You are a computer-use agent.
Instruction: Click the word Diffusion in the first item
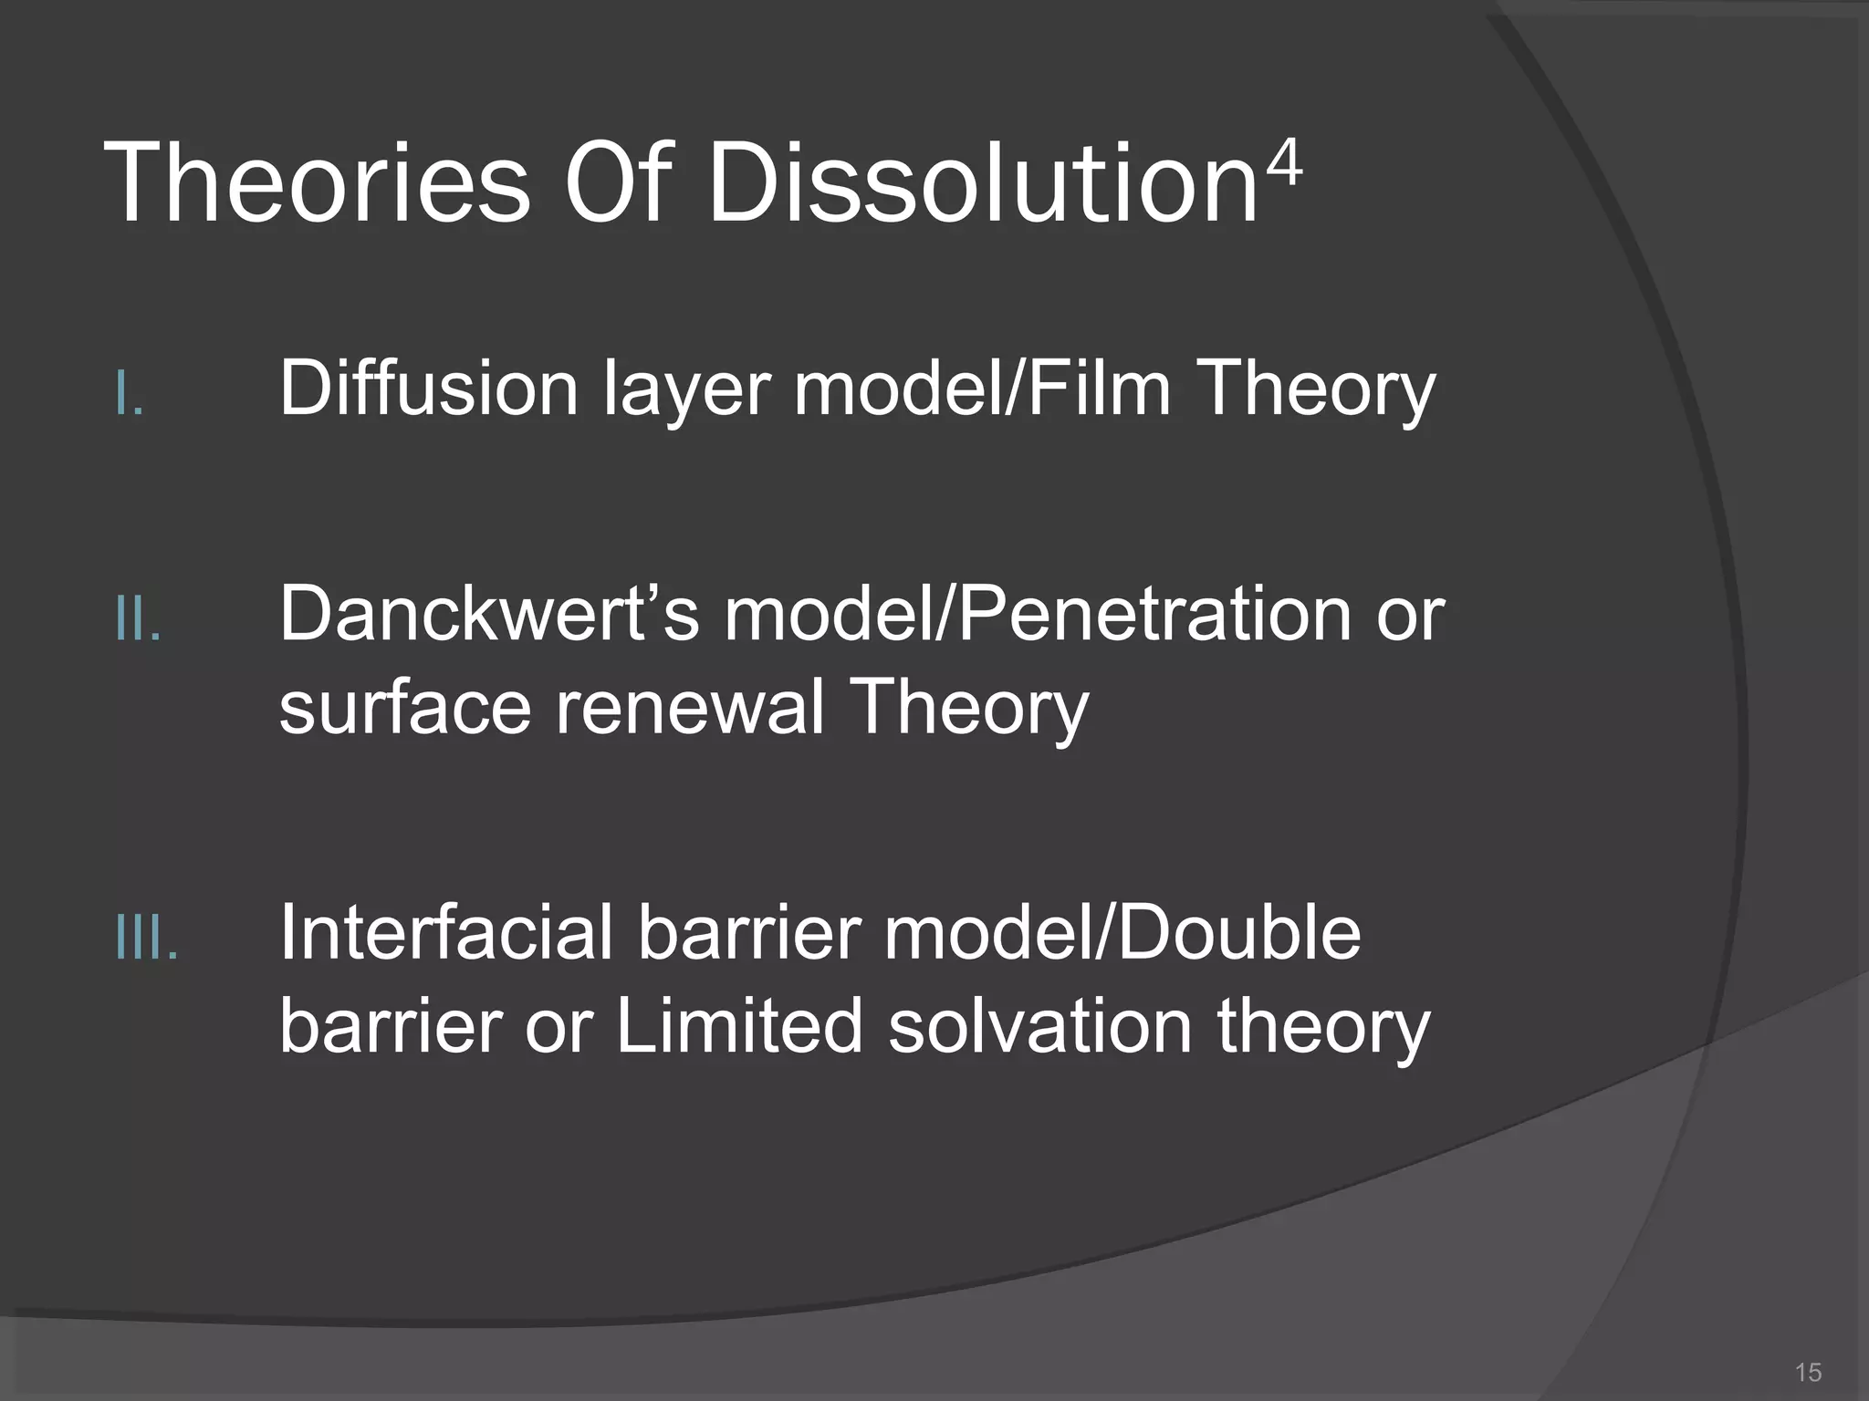(x=428, y=389)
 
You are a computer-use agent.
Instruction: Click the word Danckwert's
(x=489, y=615)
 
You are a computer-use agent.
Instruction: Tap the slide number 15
(x=1808, y=1373)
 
